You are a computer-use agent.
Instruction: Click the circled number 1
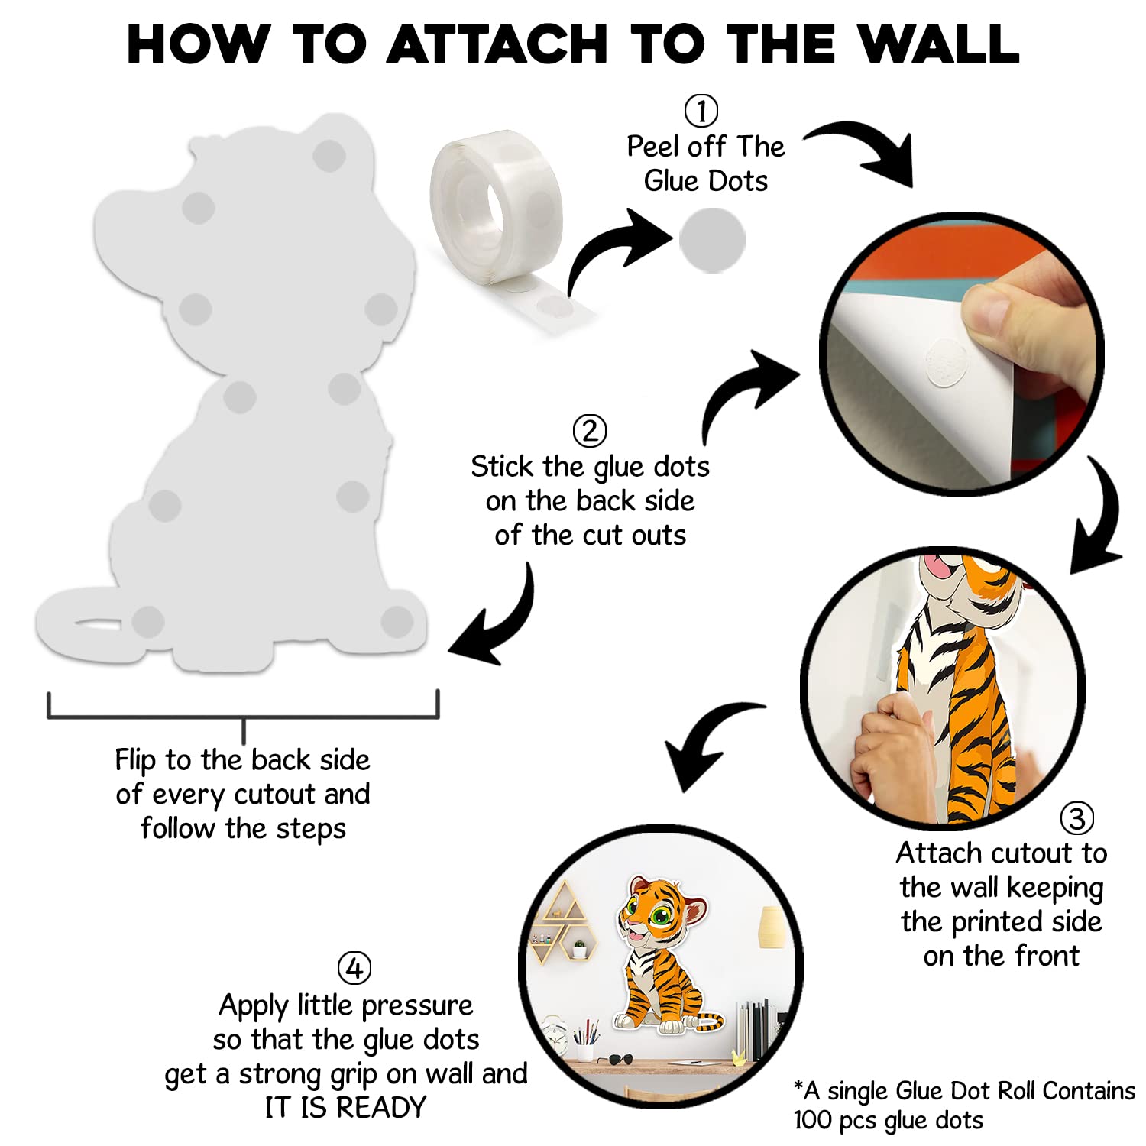pyautogui.click(x=701, y=111)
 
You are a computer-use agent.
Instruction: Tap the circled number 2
pyautogui.click(x=590, y=431)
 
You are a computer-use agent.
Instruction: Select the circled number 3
pyautogui.click(x=1076, y=818)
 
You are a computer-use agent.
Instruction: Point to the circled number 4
pyautogui.click(x=354, y=969)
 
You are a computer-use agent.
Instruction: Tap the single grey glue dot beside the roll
pyautogui.click(x=712, y=240)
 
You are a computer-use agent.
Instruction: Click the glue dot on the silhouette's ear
pyautogui.click(x=329, y=156)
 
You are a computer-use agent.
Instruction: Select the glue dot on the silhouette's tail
pyautogui.click(x=148, y=621)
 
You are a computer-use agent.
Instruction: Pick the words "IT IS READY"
pyautogui.click(x=345, y=1107)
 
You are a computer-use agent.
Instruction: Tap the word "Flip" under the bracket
pyautogui.click(x=135, y=761)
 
